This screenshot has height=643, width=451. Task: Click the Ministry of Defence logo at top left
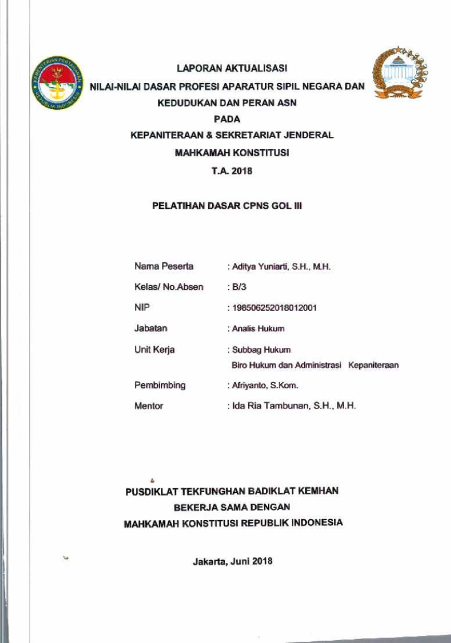(56, 83)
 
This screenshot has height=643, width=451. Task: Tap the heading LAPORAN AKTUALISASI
(232, 70)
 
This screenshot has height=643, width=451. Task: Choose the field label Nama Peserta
(164, 267)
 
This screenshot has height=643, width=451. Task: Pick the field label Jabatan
(151, 328)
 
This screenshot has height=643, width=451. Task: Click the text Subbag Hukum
(261, 350)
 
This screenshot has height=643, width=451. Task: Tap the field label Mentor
(149, 406)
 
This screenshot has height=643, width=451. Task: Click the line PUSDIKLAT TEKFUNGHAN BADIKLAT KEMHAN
(232, 492)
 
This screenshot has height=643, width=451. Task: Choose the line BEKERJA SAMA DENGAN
(232, 507)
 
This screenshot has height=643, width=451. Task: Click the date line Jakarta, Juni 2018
(232, 561)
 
